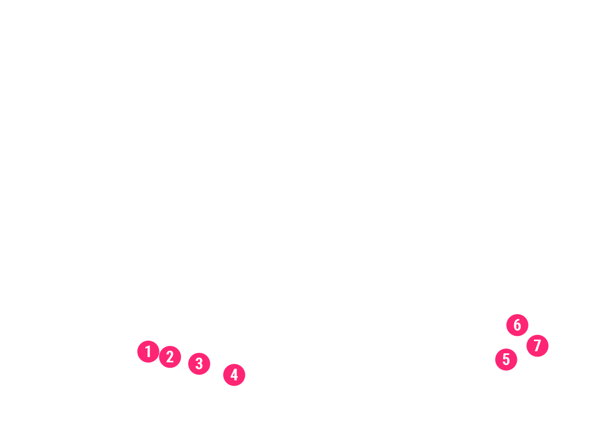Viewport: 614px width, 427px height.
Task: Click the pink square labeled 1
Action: click(148, 352)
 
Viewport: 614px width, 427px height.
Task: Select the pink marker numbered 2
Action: click(170, 357)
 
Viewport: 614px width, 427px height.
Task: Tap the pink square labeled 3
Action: click(199, 364)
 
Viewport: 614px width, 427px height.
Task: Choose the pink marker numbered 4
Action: click(235, 375)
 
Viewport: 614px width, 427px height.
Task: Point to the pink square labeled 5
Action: click(506, 360)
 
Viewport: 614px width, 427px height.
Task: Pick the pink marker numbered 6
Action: click(517, 325)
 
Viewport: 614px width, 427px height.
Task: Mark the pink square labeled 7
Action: click(537, 346)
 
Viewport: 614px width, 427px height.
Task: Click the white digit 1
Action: click(148, 352)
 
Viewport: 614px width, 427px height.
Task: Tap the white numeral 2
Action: click(170, 357)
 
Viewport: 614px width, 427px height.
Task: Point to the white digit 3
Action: click(199, 364)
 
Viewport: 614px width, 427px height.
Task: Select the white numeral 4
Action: click(234, 375)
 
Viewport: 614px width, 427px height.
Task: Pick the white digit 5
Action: click(506, 360)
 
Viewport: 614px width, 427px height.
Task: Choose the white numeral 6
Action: click(517, 325)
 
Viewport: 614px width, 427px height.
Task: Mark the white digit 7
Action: click(537, 346)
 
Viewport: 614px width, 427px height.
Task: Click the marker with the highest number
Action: click(537, 346)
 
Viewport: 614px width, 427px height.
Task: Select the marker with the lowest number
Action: click(148, 352)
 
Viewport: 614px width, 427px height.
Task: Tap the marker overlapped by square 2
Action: click(148, 352)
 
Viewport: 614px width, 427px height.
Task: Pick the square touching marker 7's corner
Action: click(517, 325)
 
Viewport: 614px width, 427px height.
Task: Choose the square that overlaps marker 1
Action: click(170, 357)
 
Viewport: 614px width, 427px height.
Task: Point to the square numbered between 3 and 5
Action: click(235, 375)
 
